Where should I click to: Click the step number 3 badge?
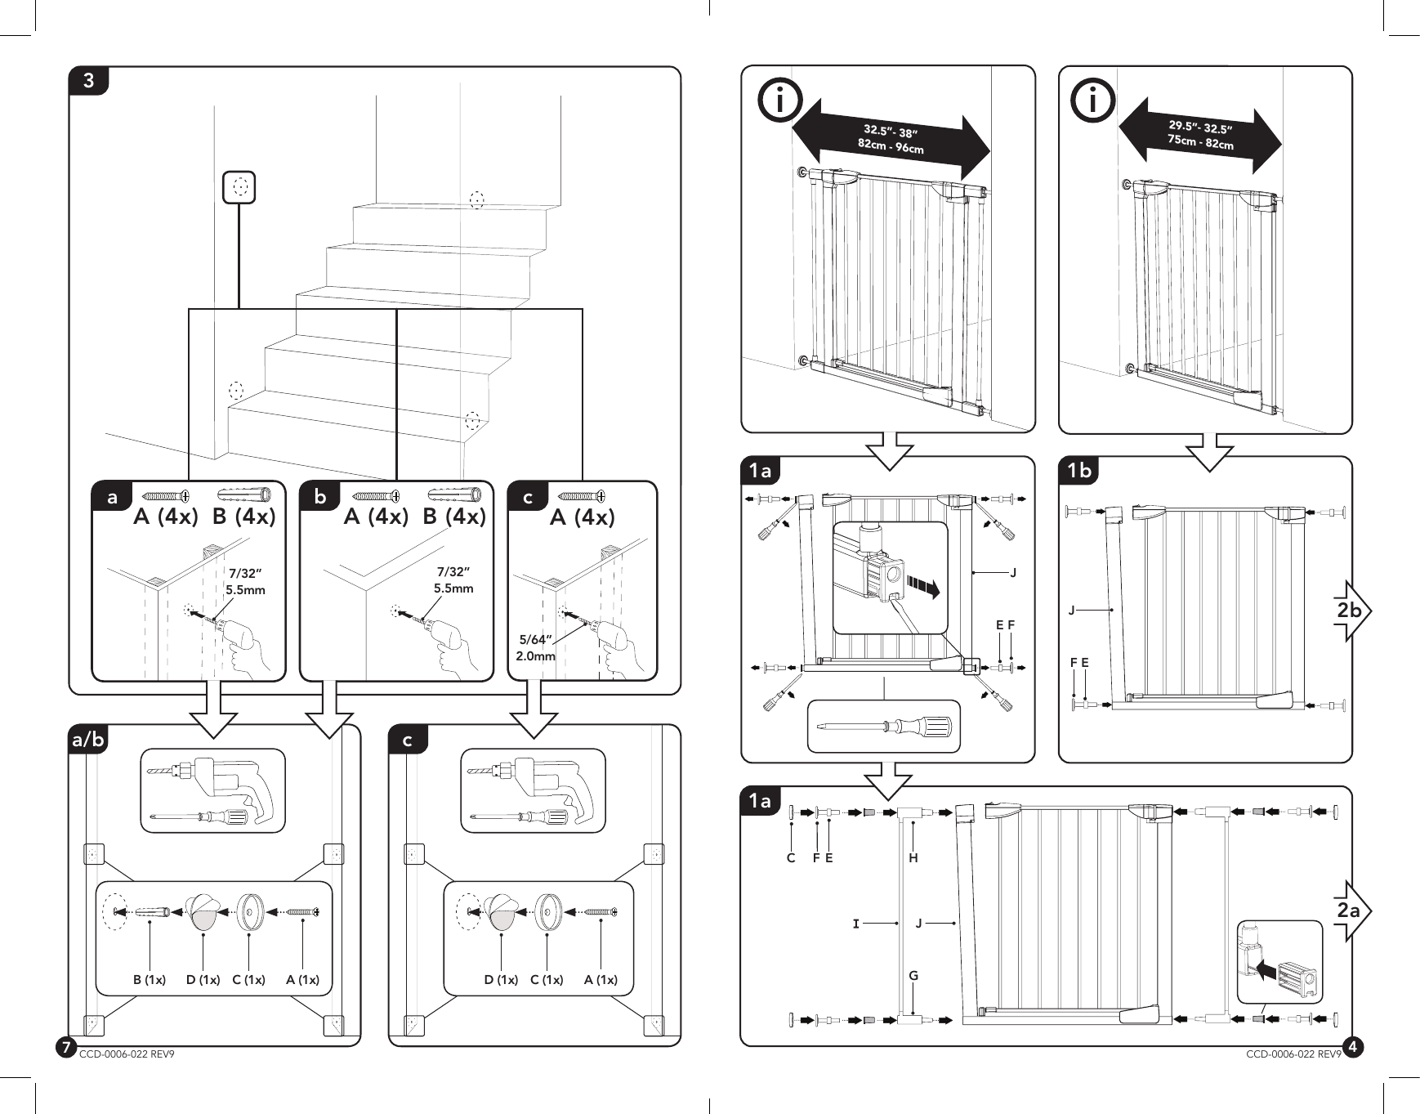click(88, 81)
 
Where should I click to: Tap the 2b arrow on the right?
click(1351, 611)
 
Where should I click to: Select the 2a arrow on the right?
click(1351, 910)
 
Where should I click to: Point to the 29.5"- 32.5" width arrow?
click(1199, 135)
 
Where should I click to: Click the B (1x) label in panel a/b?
click(150, 979)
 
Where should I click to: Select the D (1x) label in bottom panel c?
click(501, 979)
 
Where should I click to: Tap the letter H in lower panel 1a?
click(913, 858)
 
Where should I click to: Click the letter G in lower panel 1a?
click(913, 975)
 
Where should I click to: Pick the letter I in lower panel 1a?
click(855, 924)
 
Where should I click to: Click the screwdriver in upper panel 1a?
click(884, 726)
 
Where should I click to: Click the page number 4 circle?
click(1353, 1046)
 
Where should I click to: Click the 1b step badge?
click(1079, 471)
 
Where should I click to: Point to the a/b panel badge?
click(88, 740)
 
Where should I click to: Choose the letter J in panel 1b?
click(1072, 610)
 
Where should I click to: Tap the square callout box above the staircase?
click(239, 187)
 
